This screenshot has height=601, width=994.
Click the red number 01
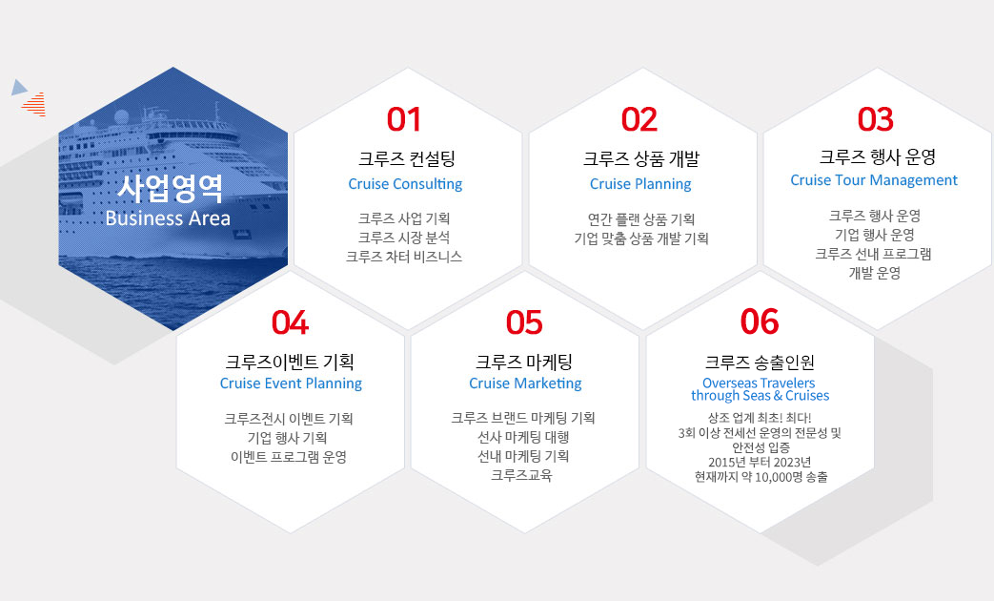(x=404, y=119)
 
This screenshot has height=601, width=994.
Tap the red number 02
(x=639, y=119)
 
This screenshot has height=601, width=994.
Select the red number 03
(x=876, y=119)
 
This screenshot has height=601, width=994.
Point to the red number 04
(x=290, y=322)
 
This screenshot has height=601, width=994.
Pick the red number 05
(x=524, y=322)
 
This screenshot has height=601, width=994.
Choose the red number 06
(x=760, y=321)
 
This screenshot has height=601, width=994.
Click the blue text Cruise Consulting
(x=405, y=184)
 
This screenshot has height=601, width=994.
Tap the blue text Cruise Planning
(x=640, y=184)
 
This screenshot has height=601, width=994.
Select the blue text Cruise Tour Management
(x=874, y=180)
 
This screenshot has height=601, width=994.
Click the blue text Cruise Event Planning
(x=291, y=383)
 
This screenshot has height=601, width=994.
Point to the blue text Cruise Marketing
(x=525, y=383)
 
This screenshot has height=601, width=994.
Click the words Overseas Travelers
(x=759, y=383)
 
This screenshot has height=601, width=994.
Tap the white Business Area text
(x=168, y=218)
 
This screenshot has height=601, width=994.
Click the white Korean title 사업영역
(x=170, y=188)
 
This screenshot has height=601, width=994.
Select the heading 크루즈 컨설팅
(x=406, y=158)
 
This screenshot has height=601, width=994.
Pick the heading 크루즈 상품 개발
(x=640, y=158)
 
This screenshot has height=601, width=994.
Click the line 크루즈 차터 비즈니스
(x=404, y=257)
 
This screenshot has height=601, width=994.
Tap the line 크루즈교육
(x=521, y=475)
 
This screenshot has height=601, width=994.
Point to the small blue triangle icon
(x=19, y=88)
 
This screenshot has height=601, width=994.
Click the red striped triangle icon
(x=35, y=105)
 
